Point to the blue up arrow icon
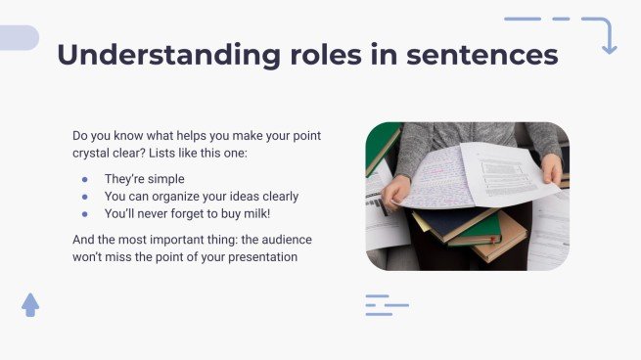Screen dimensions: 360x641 pyautogui.click(x=30, y=304)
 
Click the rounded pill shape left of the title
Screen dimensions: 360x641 pyautogui.click(x=18, y=38)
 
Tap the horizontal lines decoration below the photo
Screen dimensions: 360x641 pyautogui.click(x=386, y=304)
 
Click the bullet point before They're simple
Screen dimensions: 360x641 pyautogui.click(x=85, y=179)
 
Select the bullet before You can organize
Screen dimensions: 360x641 pyautogui.click(x=85, y=196)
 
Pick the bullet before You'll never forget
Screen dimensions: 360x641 pyautogui.click(x=85, y=212)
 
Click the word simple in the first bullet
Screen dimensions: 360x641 pyautogui.click(x=163, y=179)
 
